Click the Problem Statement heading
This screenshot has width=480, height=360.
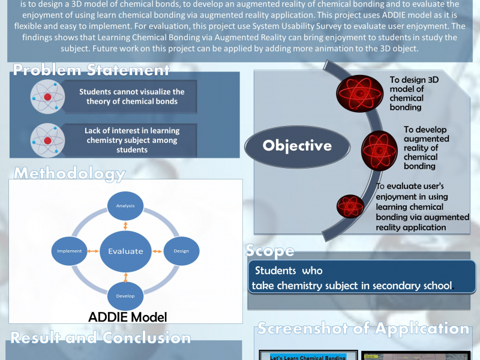coord(91,70)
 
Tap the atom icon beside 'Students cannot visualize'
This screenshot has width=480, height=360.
coord(47,97)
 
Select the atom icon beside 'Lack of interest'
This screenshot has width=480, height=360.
coord(47,140)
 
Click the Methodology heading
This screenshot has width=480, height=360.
coord(70,174)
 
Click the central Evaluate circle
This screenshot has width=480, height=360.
coord(125,251)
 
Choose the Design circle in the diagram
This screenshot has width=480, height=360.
coord(181,251)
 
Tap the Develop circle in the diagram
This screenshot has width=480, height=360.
coord(125,295)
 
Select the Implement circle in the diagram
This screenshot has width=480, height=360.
coord(70,251)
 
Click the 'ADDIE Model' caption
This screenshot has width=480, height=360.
coord(127,317)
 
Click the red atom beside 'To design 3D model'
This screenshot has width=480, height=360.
coord(358,95)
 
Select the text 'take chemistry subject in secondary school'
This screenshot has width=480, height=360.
coord(352,285)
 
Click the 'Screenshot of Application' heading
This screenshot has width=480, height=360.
coord(363,328)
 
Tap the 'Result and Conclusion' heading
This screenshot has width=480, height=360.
coord(100,337)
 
